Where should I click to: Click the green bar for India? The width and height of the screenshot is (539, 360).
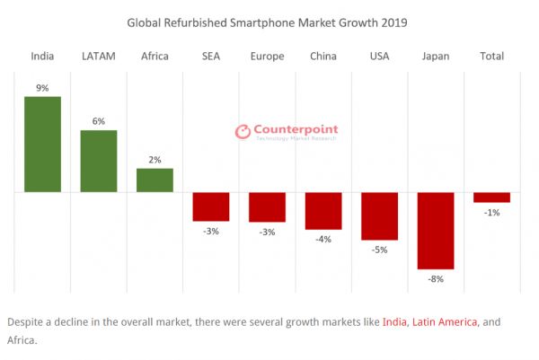pyautogui.click(x=42, y=144)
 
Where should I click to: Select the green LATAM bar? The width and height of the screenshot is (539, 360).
pyautogui.click(x=99, y=161)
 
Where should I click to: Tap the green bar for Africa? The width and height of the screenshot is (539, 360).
pyautogui.click(x=155, y=180)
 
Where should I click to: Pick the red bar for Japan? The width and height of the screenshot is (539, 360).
pyautogui.click(x=436, y=230)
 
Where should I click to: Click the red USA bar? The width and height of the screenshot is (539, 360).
pyautogui.click(x=379, y=215)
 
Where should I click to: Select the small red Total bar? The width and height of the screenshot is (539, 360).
pyautogui.click(x=491, y=197)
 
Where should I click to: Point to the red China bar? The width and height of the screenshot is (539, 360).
pyautogui.click(x=323, y=211)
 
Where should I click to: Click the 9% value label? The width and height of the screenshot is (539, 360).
pyautogui.click(x=42, y=88)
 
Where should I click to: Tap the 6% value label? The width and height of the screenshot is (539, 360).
pyautogui.click(x=99, y=121)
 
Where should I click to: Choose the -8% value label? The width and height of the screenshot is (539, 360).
pyautogui.click(x=436, y=279)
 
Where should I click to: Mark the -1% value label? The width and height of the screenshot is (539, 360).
pyautogui.click(x=491, y=213)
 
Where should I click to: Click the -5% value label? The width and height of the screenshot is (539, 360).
pyautogui.click(x=379, y=250)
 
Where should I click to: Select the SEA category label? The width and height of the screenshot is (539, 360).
pyautogui.click(x=211, y=56)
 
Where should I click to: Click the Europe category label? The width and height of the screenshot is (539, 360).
pyautogui.click(x=267, y=56)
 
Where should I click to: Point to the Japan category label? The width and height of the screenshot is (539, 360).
pyautogui.click(x=436, y=56)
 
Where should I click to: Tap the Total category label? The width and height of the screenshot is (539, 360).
pyautogui.click(x=491, y=56)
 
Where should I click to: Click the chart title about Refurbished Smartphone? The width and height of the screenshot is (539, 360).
pyautogui.click(x=267, y=22)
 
